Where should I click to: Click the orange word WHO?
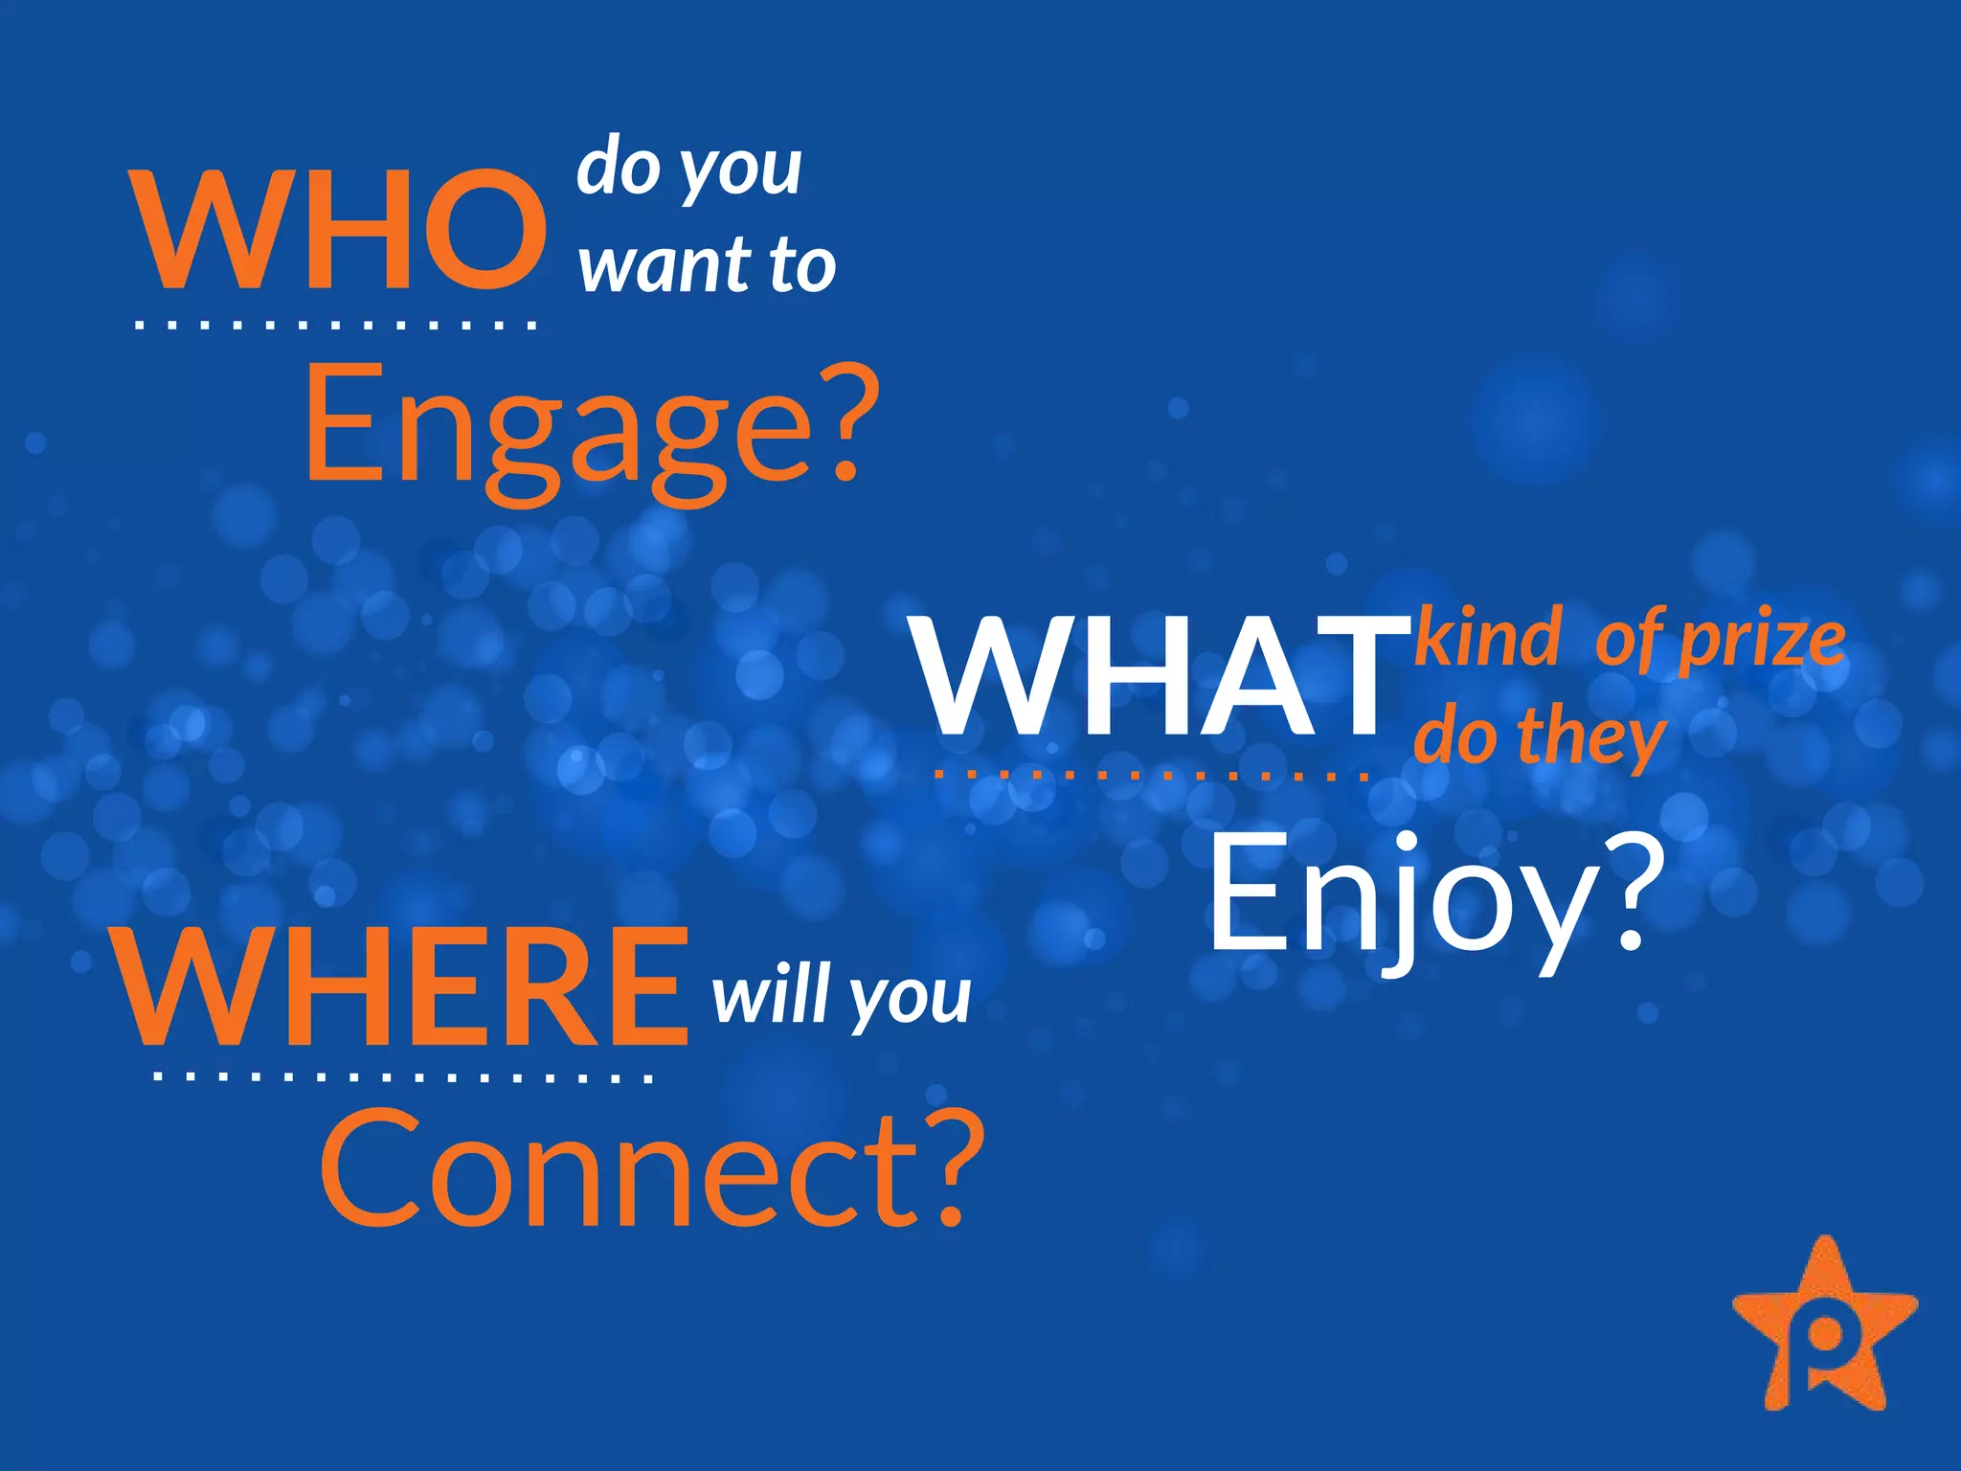[340, 230]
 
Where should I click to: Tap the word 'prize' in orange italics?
[1762, 642]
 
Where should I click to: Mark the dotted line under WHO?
[335, 326]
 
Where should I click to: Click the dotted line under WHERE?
[402, 1078]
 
